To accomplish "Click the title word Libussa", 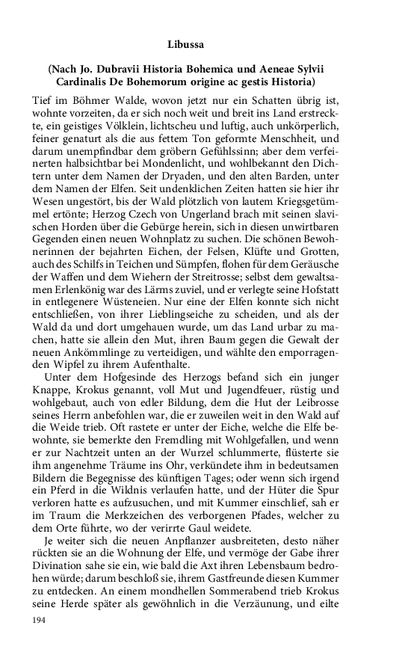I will pyautogui.click(x=205, y=44).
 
